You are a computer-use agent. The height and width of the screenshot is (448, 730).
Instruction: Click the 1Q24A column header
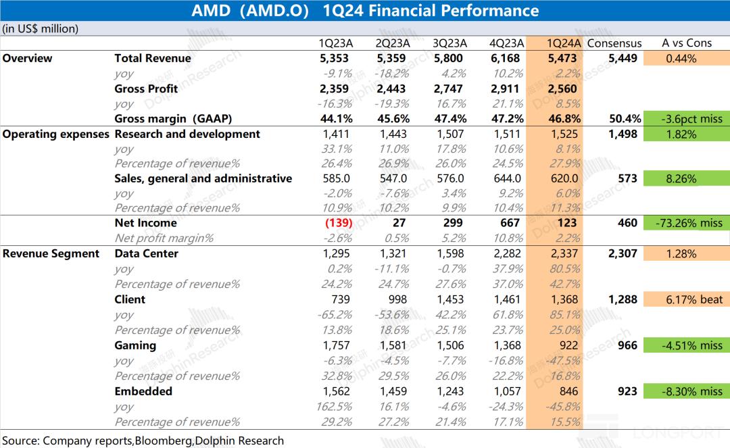click(x=564, y=43)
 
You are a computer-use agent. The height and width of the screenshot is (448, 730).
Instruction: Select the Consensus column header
click(x=614, y=43)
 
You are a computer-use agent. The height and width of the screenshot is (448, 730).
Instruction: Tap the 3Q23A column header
click(x=449, y=43)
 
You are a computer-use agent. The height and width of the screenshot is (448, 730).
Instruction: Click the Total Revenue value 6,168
click(x=505, y=58)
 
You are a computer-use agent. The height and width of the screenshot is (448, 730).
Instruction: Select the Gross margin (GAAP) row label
click(x=173, y=119)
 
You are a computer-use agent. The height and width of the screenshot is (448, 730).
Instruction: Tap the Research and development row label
click(x=187, y=134)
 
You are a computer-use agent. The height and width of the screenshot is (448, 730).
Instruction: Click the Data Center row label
click(x=147, y=253)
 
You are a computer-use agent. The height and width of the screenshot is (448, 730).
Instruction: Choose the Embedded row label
click(x=143, y=391)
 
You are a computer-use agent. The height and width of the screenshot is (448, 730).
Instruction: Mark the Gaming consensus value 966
click(x=628, y=345)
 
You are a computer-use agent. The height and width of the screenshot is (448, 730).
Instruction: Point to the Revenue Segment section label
click(x=51, y=253)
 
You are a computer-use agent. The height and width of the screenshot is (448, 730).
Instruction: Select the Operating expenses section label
click(x=55, y=134)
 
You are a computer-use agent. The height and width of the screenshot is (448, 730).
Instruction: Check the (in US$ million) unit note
click(x=41, y=28)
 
